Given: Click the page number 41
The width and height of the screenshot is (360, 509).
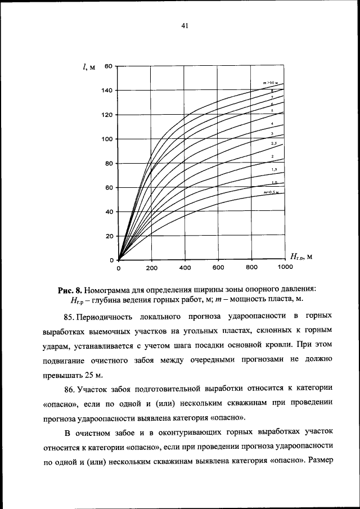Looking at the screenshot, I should [184, 25].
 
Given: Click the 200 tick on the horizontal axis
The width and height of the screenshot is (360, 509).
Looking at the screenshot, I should [152, 268].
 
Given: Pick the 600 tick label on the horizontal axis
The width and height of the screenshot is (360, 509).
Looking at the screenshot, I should [219, 268].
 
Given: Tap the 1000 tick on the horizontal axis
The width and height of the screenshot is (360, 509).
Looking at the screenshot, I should [285, 268].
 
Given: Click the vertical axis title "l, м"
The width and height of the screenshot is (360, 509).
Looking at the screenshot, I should [88, 67].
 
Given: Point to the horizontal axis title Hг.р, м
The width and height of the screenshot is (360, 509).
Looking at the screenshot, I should [301, 257].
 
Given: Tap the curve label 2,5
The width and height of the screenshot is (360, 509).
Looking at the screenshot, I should [273, 145].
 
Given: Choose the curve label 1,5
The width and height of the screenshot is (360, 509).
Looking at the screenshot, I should [273, 169].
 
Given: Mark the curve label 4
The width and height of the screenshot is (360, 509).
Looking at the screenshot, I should [272, 123].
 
